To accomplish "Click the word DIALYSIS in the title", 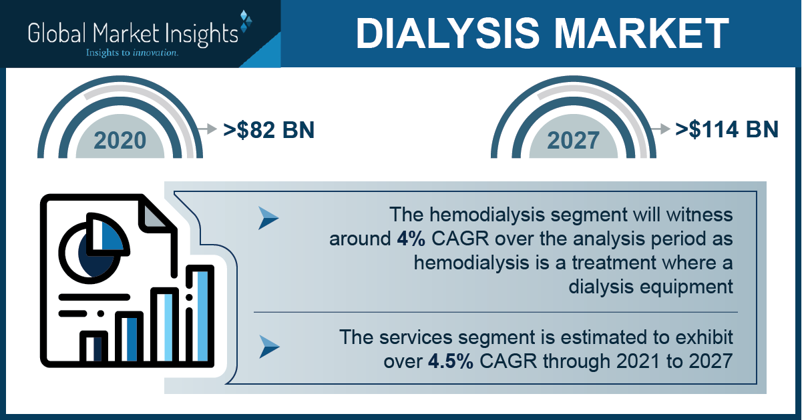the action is tap(447, 33).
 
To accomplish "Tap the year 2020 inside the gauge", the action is tap(120, 140).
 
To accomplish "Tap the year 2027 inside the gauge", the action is tap(573, 140).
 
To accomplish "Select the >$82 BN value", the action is tap(268, 129).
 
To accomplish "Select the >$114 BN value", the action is tap(727, 129).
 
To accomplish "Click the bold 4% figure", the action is tap(411, 239).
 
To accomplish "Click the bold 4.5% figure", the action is tap(450, 361).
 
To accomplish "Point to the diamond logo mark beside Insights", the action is tap(246, 21).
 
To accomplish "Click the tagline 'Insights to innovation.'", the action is tap(132, 53).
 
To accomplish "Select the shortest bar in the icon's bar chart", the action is tap(93, 347).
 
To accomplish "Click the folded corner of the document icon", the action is tap(155, 214).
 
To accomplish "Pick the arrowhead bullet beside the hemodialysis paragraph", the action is tap(268, 218).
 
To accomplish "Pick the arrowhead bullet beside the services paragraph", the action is tap(269, 347).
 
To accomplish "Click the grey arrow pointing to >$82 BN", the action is tap(208, 129).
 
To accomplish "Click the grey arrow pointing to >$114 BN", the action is tap(660, 129).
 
